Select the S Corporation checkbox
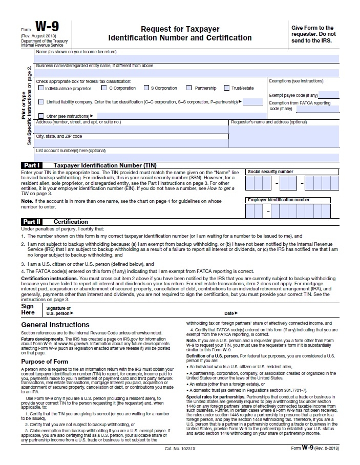(146, 88)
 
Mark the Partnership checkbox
(189, 88)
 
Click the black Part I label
(31, 165)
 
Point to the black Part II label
(31, 222)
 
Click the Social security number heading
(270, 172)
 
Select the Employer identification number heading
(279, 200)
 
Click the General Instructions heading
(55, 325)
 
